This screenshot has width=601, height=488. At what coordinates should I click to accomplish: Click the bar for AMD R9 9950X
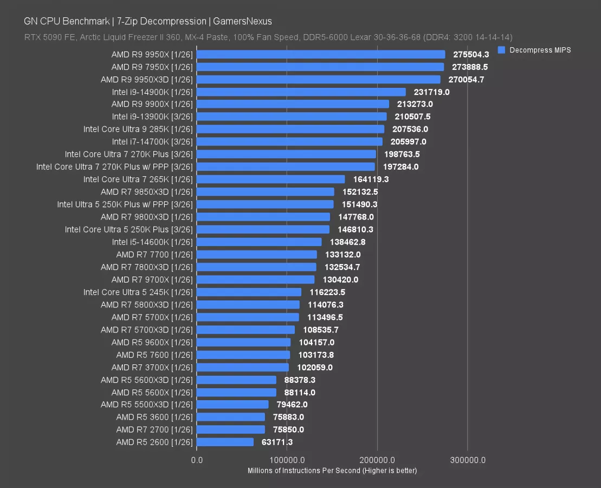click(x=321, y=54)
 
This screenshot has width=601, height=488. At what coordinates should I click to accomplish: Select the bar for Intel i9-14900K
click(x=301, y=92)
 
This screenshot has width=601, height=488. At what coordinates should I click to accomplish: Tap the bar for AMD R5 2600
click(x=225, y=442)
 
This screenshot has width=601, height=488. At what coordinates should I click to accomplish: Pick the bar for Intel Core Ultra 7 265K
click(x=271, y=179)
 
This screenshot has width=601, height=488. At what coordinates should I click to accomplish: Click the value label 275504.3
click(x=471, y=54)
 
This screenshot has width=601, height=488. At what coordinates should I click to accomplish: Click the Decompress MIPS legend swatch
click(x=501, y=50)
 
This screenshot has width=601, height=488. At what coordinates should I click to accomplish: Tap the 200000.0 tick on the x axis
click(x=378, y=460)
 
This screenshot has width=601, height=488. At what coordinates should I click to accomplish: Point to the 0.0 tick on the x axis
click(x=197, y=460)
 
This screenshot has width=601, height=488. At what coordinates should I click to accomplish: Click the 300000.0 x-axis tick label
click(x=467, y=460)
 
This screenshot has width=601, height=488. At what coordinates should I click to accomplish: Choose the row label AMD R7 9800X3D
click(x=146, y=217)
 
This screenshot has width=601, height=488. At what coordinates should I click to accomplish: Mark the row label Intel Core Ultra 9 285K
click(x=138, y=129)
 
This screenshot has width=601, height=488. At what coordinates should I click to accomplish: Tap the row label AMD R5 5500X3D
click(x=146, y=404)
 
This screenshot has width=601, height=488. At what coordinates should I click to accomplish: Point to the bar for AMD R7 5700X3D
click(x=246, y=330)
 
